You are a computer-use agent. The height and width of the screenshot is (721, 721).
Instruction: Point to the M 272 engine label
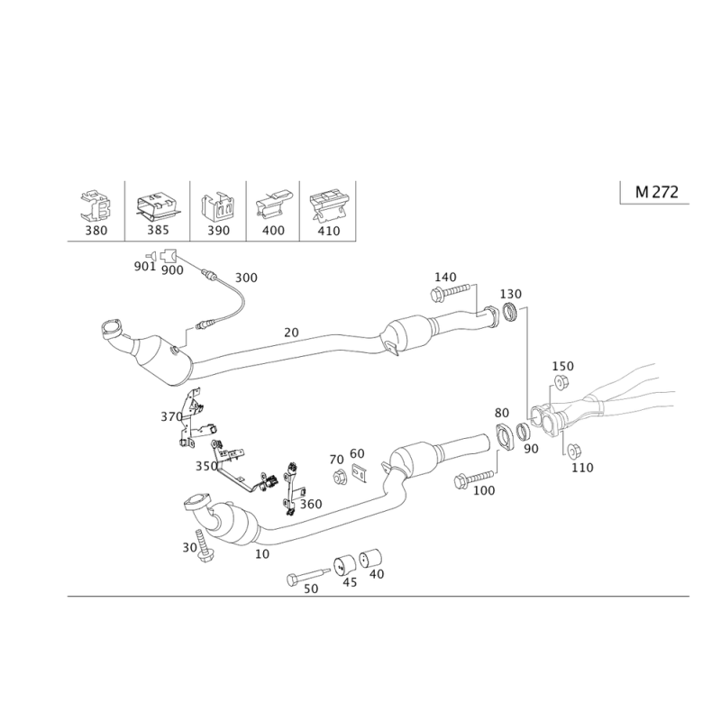(x=655, y=191)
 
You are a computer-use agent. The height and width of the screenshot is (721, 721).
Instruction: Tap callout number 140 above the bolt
(x=448, y=276)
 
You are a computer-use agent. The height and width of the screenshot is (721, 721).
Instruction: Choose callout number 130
(x=511, y=295)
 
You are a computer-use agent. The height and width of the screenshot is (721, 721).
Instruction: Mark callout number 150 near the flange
(x=562, y=365)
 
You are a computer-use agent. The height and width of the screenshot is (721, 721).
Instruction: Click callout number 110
(x=584, y=466)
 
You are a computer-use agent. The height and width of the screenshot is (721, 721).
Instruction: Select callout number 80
(x=502, y=413)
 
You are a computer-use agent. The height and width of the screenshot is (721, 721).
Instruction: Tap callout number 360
(x=312, y=503)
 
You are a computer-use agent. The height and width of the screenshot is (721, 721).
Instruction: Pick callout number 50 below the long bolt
(x=312, y=589)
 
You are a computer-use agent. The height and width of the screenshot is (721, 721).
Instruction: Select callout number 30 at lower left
(x=189, y=546)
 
